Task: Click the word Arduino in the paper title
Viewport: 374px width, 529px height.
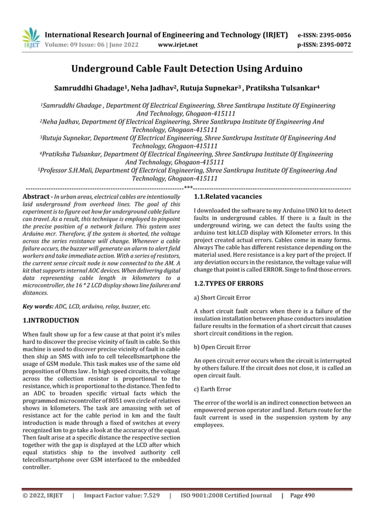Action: coord(280,69)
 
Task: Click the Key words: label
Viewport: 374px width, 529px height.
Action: coord(37,306)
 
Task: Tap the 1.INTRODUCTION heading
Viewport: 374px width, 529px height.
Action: coord(50,321)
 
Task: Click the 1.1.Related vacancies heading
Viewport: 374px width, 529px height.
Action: coord(227,196)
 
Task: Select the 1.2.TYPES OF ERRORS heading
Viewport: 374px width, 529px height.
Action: coord(228,283)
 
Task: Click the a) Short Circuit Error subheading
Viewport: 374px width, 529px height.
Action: coord(222,298)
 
